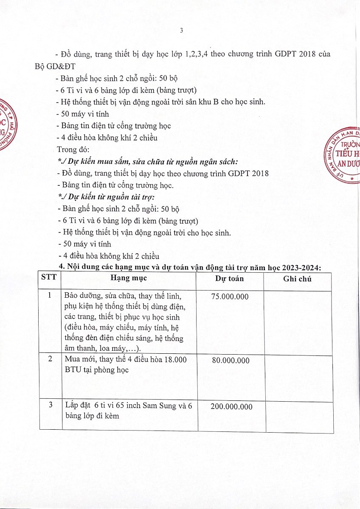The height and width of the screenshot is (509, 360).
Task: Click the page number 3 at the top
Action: click(x=181, y=31)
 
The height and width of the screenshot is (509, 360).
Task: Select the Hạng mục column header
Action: click(x=129, y=278)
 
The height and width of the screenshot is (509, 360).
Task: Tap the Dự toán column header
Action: click(x=229, y=279)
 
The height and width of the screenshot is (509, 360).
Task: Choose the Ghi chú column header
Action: click(x=297, y=279)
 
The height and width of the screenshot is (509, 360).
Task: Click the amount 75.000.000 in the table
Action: click(x=229, y=296)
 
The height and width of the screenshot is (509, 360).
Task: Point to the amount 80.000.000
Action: click(x=231, y=361)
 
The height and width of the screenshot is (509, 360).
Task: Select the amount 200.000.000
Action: click(x=231, y=406)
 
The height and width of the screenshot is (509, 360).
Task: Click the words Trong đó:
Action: click(x=73, y=149)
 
